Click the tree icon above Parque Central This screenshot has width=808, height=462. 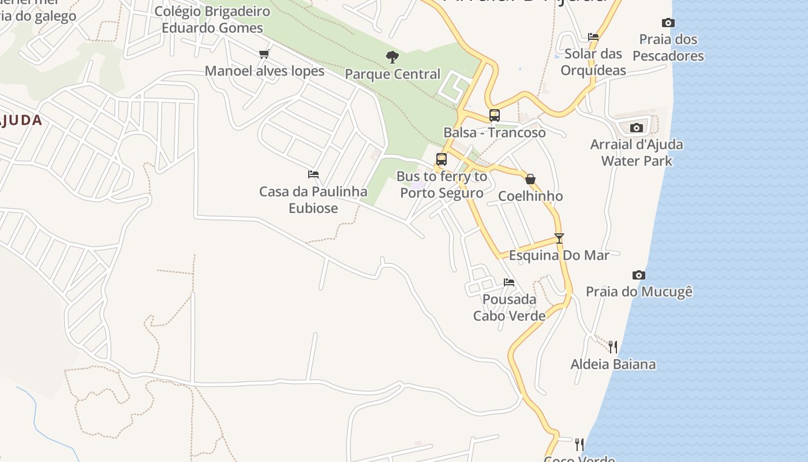(392, 57)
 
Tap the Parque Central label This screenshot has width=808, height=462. (392, 74)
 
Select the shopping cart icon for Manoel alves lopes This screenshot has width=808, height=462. (264, 54)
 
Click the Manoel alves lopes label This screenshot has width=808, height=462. (264, 71)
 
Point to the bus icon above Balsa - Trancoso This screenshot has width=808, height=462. (495, 115)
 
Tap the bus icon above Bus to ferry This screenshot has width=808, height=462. (442, 159)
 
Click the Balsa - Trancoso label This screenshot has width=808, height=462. (494, 133)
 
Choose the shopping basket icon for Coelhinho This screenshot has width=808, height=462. (530, 179)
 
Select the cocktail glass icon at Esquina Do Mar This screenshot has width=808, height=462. (559, 238)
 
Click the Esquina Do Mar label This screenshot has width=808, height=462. (559, 255)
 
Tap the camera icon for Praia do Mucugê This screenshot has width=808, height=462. (638, 275)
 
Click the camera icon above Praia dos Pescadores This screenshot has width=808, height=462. (668, 23)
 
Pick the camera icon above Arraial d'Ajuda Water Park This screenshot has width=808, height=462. (637, 128)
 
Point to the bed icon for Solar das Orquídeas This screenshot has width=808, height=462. (593, 36)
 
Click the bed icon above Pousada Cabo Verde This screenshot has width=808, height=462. (509, 282)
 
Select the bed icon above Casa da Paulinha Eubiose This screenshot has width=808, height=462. (313, 174)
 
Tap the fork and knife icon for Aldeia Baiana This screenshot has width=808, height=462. (613, 346)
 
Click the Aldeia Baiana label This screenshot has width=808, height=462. (613, 364)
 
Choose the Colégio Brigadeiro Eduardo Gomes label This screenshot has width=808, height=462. (212, 19)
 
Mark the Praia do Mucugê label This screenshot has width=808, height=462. (639, 292)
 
